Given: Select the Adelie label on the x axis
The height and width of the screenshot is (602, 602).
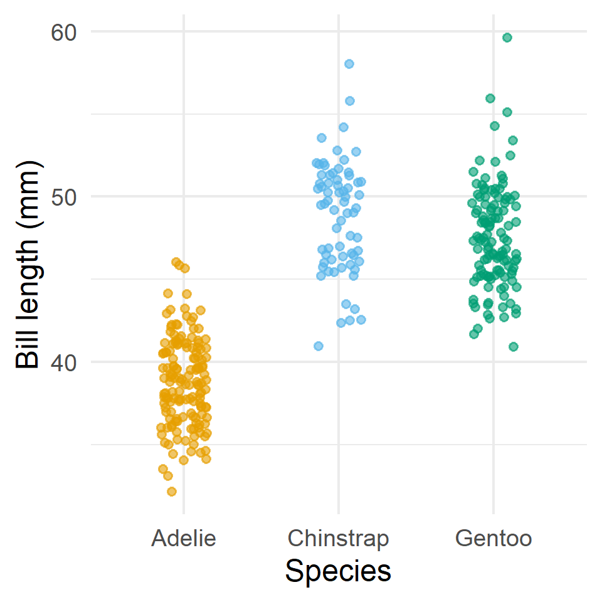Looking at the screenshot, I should (x=183, y=538).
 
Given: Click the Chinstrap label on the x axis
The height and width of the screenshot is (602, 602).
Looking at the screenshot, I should (x=338, y=538).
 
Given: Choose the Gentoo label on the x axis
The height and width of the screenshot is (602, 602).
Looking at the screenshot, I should (x=494, y=538).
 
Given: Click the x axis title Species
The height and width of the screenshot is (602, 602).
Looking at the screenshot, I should (x=338, y=571).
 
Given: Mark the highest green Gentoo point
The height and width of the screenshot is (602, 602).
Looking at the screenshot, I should (x=507, y=38).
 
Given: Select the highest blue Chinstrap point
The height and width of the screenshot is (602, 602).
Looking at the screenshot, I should (x=349, y=64).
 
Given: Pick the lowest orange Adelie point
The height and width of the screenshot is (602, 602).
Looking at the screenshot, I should (x=172, y=492).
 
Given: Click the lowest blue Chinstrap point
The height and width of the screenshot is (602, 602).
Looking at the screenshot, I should (x=319, y=346).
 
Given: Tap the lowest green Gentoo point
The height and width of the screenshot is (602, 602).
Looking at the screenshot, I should (x=514, y=347).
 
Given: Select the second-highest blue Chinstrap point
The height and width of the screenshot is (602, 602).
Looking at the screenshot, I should (x=350, y=101).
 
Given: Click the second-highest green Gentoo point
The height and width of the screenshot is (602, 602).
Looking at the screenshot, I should (x=490, y=98).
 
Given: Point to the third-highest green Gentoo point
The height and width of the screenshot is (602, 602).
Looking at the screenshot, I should (x=507, y=112).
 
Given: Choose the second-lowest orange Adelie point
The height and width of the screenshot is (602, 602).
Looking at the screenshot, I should (x=168, y=476).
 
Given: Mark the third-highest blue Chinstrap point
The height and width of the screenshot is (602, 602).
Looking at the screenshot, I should (x=344, y=127).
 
